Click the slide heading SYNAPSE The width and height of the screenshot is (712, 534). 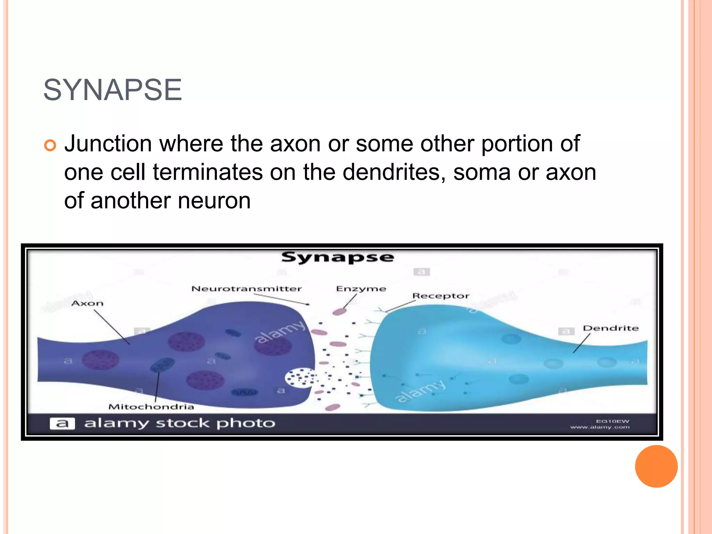[112, 90]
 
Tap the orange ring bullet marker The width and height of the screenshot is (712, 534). [50, 145]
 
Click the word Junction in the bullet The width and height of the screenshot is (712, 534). [108, 144]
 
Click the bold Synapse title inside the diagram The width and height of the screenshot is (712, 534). [337, 258]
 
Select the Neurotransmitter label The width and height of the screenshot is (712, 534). [246, 289]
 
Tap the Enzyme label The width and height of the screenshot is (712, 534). [361, 289]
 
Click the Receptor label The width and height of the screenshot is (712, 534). [440, 296]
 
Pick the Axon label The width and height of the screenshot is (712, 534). [87, 304]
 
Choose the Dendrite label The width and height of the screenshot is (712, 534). [610, 328]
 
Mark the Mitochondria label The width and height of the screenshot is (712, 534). [151, 407]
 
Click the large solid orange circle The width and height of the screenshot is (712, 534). [656, 466]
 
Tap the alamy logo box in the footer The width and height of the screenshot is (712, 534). [62, 423]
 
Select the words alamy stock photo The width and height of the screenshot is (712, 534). [179, 423]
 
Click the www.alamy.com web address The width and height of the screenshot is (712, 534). [600, 427]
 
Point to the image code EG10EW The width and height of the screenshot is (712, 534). [612, 421]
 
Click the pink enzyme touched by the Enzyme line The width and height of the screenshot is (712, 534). [339, 311]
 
